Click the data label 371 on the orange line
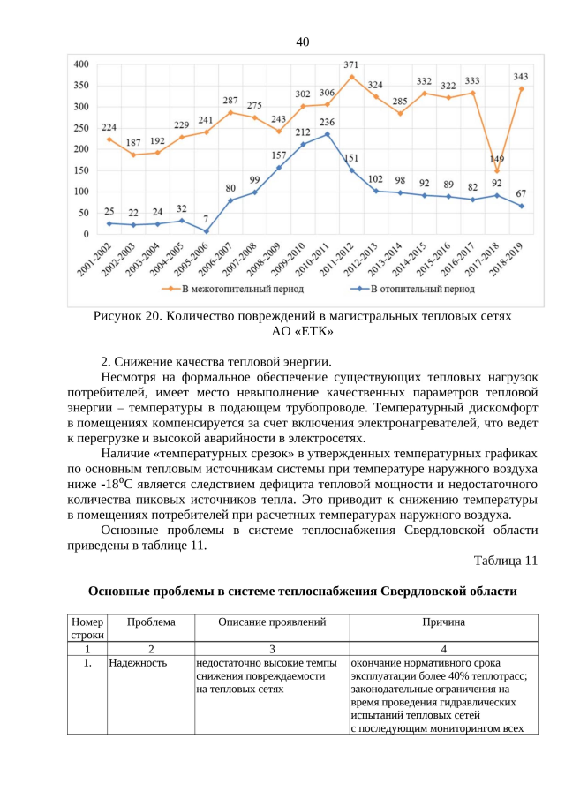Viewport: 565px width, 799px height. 350,64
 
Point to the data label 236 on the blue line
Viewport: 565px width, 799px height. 327,122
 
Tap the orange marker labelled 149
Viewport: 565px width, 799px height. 497,170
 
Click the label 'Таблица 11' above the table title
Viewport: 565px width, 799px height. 505,561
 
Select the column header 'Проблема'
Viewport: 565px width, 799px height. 150,622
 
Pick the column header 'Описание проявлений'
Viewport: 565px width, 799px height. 272,622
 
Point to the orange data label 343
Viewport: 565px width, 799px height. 521,77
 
